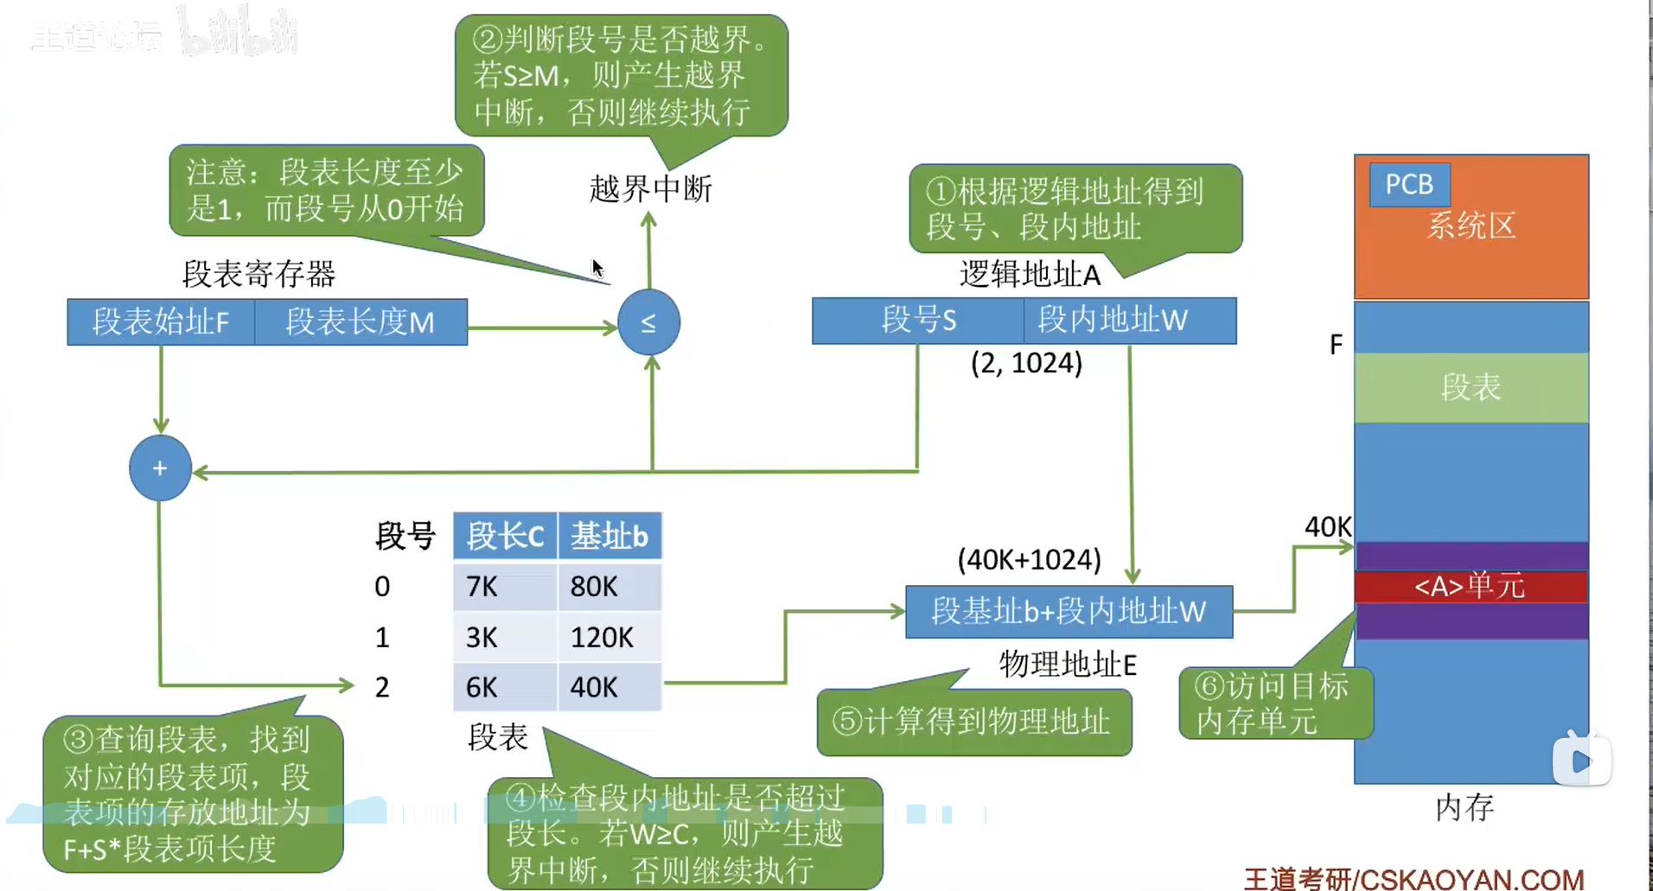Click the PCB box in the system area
(1409, 184)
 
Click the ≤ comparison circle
(648, 322)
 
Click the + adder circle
(160, 468)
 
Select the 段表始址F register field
(161, 322)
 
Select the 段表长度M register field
(361, 322)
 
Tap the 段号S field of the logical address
(918, 321)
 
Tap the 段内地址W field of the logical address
(1130, 321)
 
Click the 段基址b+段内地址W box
(1069, 612)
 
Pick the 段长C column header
(505, 536)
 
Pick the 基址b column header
(610, 536)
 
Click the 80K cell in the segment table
(610, 587)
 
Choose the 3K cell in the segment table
(505, 638)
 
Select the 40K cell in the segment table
(610, 687)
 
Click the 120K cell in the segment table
(610, 638)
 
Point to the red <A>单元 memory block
(1471, 587)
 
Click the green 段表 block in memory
(1471, 387)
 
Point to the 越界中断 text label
(650, 189)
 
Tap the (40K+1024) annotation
(1029, 560)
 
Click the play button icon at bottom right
(1581, 761)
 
